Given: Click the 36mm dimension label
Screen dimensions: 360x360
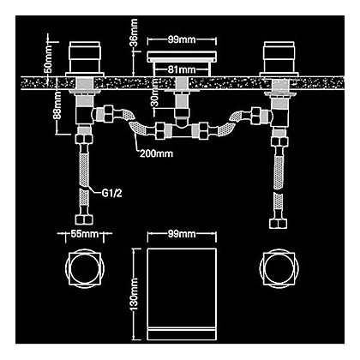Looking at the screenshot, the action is click(135, 33).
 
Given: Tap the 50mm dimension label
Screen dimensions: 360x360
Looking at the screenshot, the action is click(49, 59).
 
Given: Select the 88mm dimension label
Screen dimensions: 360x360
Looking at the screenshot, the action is click(57, 105).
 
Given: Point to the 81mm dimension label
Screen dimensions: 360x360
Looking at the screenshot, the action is click(182, 69).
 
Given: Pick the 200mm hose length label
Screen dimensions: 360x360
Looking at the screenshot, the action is click(157, 153).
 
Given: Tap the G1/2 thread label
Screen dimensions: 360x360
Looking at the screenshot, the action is click(112, 194).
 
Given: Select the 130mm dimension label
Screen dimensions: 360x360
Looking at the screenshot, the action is click(135, 294).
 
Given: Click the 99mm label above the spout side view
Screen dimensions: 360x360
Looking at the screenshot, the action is click(182, 39).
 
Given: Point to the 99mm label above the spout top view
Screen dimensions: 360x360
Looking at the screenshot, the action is click(182, 234).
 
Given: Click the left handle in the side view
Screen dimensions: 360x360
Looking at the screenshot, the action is click(85, 59).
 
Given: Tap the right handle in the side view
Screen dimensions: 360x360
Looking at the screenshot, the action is click(279, 59).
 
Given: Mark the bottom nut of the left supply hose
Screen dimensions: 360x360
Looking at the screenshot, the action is click(85, 219).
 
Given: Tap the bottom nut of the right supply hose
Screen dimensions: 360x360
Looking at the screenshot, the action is click(279, 223).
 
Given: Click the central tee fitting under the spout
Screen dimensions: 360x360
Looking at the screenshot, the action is click(182, 131).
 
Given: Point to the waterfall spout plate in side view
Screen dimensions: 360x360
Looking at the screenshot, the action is click(182, 57).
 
